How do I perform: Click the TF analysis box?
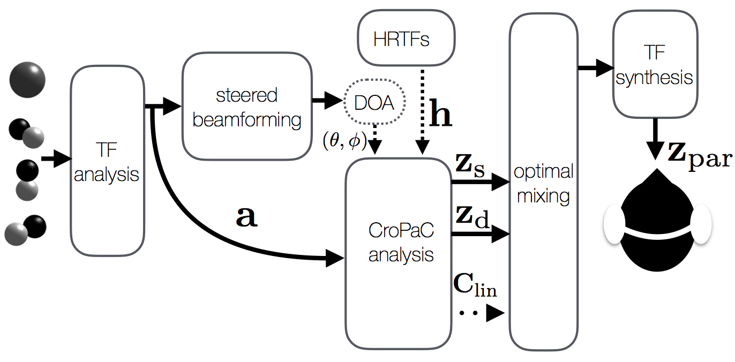[x=107, y=161]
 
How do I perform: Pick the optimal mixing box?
[x=543, y=182]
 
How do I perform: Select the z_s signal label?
[x=470, y=167]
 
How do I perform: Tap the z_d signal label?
[x=472, y=217]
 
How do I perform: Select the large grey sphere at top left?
[x=27, y=79]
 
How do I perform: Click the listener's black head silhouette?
[x=657, y=225]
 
